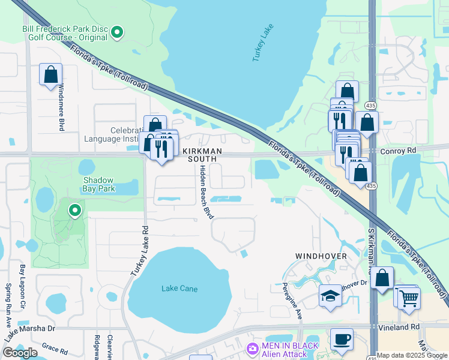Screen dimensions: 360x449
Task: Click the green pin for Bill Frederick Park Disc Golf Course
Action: [x=118, y=32]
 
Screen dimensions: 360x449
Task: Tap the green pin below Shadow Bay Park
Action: [x=75, y=210]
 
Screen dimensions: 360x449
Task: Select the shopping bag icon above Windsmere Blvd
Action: [x=51, y=76]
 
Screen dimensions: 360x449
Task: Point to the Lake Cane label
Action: [x=179, y=289]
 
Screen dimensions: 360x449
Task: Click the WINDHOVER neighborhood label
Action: [x=321, y=256]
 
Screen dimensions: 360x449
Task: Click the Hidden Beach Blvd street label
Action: [x=206, y=193]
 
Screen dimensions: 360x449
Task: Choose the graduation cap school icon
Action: [x=330, y=296]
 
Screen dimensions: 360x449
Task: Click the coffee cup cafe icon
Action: [x=342, y=339]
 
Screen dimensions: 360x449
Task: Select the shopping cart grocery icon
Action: [x=409, y=298]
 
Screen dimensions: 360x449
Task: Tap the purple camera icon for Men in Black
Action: [x=252, y=348]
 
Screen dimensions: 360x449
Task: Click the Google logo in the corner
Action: [x=20, y=352]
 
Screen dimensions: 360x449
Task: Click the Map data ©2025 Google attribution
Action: [x=412, y=355]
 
